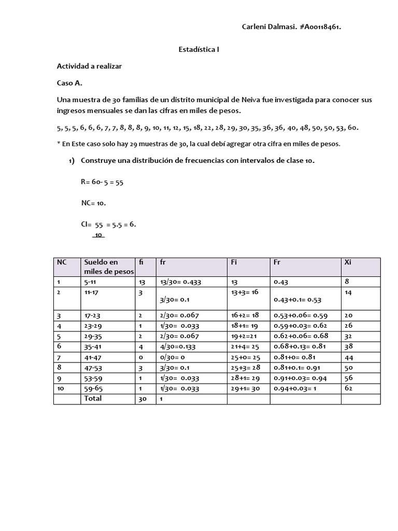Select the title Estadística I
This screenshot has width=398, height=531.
pyautogui.click(x=198, y=50)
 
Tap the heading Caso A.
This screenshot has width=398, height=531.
pyautogui.click(x=69, y=83)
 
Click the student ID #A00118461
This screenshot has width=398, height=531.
pyautogui.click(x=320, y=27)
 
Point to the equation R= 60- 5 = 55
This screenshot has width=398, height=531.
pyautogui.click(x=102, y=183)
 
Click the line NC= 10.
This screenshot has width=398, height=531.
pyautogui.click(x=94, y=203)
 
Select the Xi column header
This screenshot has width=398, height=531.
pyautogui.click(x=348, y=262)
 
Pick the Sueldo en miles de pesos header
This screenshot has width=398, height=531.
pyautogui.click(x=108, y=267)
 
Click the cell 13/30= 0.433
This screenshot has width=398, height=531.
pyautogui.click(x=180, y=282)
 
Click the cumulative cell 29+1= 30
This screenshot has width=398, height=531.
pyautogui.click(x=245, y=388)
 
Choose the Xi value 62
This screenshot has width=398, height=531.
pyautogui.click(x=348, y=388)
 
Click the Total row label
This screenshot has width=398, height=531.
pyautogui.click(x=93, y=398)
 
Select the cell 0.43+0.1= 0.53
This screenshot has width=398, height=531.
pyautogui.click(x=297, y=300)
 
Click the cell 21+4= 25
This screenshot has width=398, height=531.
pyautogui.click(x=245, y=346)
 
